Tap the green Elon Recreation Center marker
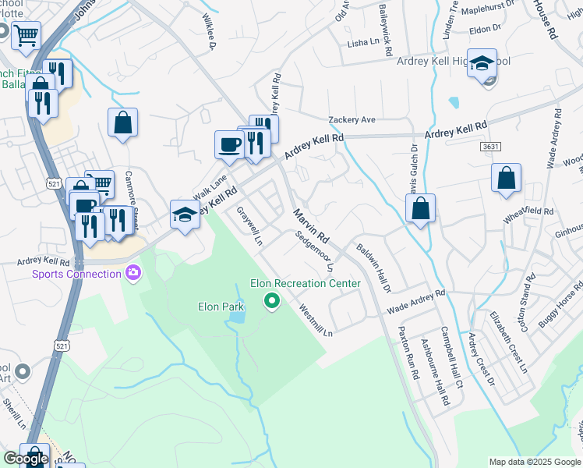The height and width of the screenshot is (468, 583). [x=272, y=300]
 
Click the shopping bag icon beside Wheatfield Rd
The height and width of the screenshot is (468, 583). [x=506, y=179]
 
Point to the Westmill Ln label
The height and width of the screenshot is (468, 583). [x=316, y=320]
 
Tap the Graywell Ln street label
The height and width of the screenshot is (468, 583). [x=249, y=226]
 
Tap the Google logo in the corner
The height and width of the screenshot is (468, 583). [x=26, y=459]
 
